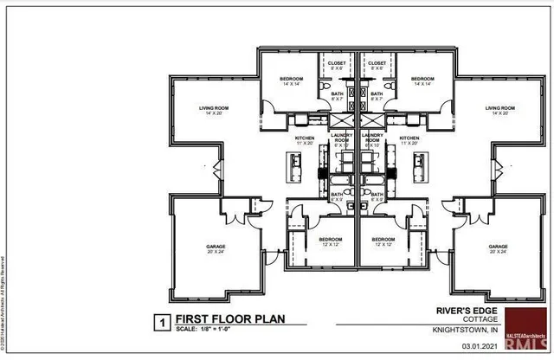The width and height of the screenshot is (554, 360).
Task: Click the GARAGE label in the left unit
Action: tap(216, 247)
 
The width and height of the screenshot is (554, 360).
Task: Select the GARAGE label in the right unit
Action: tap(498, 247)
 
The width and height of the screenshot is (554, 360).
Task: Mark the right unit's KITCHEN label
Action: tap(409, 138)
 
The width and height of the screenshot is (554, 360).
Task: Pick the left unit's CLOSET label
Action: tap(336, 62)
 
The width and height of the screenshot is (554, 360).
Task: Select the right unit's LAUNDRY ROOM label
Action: tap(374, 138)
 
